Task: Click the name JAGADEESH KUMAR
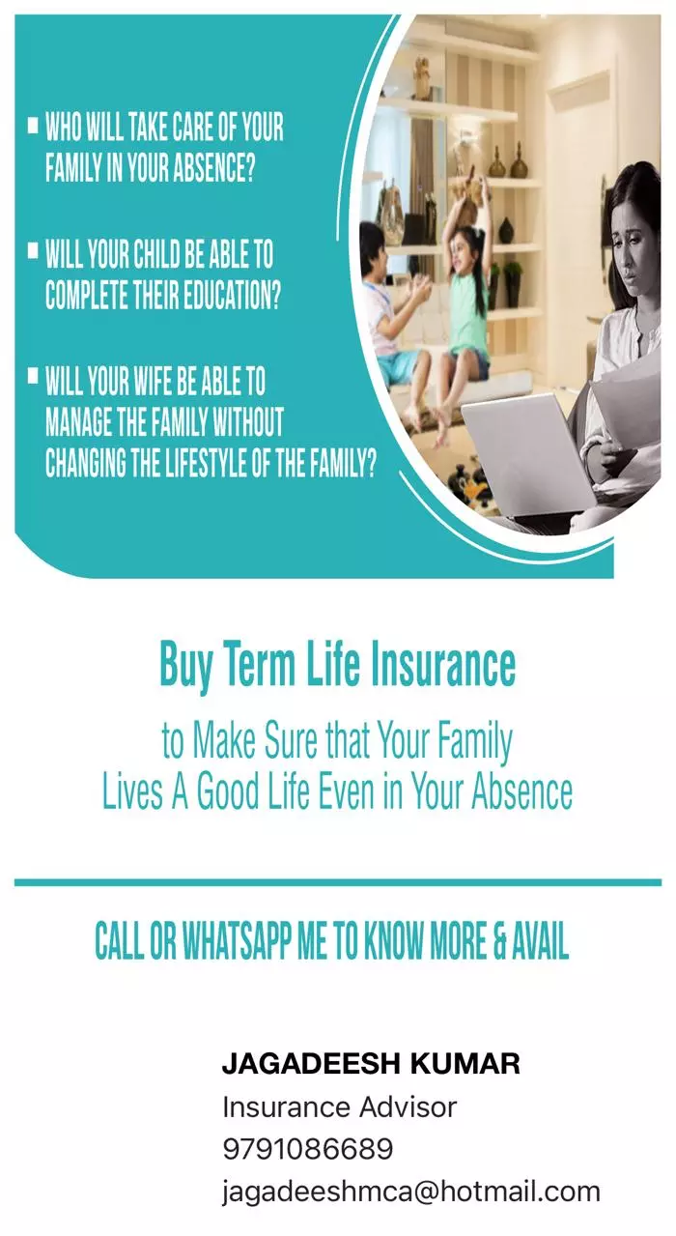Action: click(x=371, y=1063)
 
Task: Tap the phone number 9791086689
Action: click(x=308, y=1149)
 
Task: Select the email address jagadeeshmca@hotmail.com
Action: click(x=410, y=1192)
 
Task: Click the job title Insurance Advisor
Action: click(x=339, y=1107)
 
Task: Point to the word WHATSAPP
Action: click(x=237, y=941)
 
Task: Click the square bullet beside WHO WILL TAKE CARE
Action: click(x=33, y=125)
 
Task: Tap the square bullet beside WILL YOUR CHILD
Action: click(x=33, y=251)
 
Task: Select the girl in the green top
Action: click(x=464, y=309)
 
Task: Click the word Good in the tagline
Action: click(x=228, y=790)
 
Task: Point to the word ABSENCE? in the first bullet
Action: click(x=214, y=167)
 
